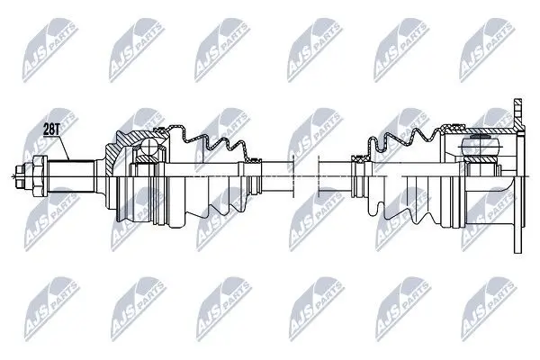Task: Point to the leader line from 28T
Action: [x=64, y=148]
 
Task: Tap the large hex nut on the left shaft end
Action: [x=40, y=176]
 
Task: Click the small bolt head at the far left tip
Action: [x=20, y=176]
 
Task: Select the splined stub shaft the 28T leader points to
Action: [x=71, y=176]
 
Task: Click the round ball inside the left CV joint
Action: [x=148, y=147]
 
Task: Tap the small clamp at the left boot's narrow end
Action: [x=255, y=160]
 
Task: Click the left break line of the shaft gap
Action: [x=293, y=176]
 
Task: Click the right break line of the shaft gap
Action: [x=319, y=176]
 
